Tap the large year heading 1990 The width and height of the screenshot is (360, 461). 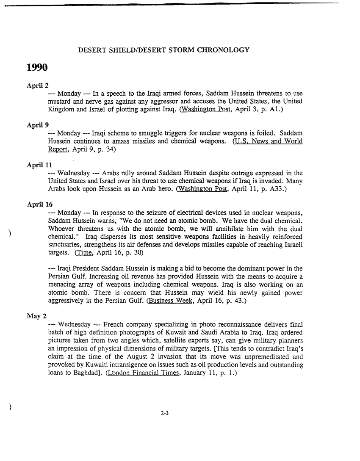(x=37, y=68)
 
